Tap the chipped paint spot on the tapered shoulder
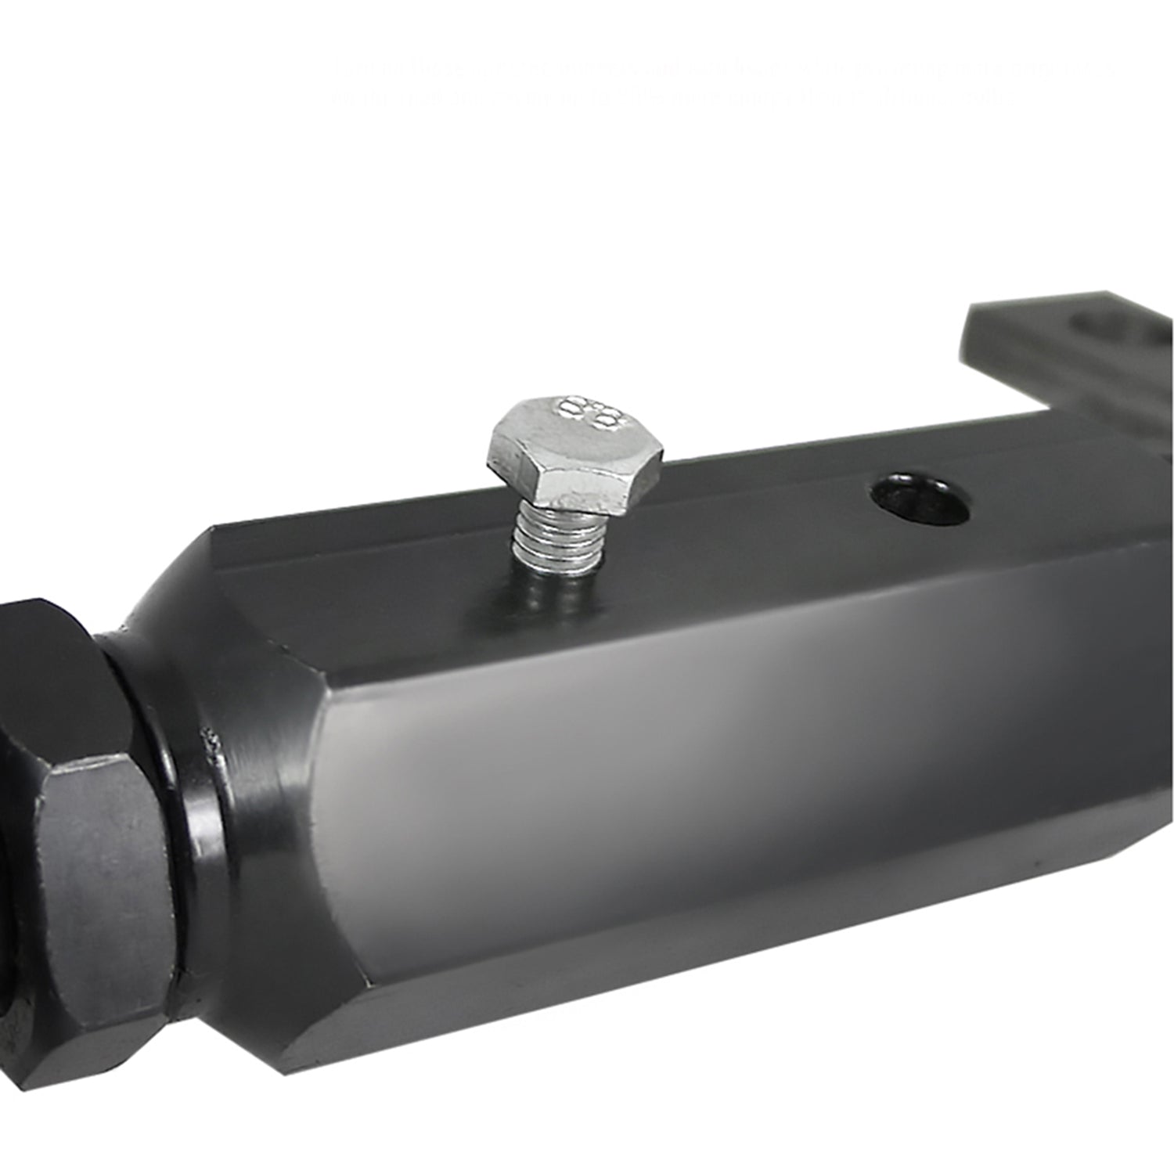[210, 740]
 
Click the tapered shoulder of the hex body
[258, 783]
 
